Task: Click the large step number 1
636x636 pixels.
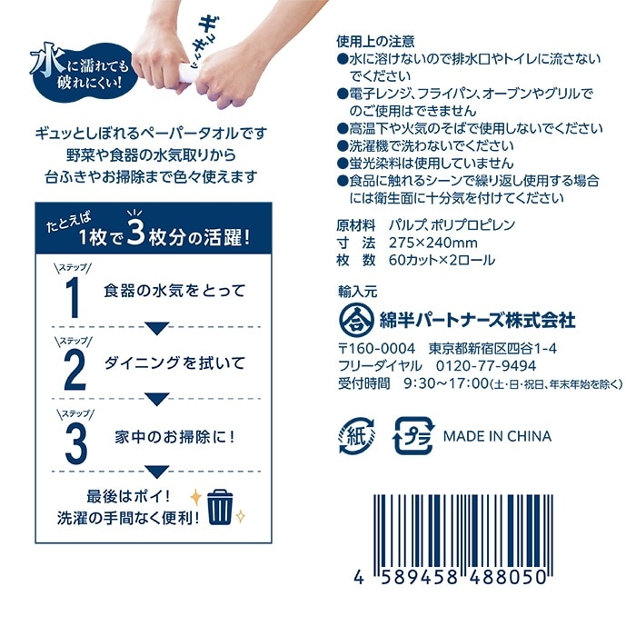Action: pos(74,298)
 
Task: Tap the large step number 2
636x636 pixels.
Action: pos(74,369)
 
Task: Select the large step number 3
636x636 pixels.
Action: pos(74,442)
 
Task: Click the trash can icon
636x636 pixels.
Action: pos(219,507)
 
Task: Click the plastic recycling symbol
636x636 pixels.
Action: pos(413,436)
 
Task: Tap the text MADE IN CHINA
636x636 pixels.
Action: pos(497,436)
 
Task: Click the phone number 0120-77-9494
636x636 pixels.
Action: pos(486,366)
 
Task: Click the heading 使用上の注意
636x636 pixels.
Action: pos(375,41)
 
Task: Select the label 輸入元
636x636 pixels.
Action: pos(356,291)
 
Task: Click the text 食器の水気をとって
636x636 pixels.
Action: pos(174,291)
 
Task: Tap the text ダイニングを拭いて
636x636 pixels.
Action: pos(174,363)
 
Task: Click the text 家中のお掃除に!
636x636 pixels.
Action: pos(174,435)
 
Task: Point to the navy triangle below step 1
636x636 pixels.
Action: pos(157,327)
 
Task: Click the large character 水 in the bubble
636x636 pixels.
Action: pos(44,64)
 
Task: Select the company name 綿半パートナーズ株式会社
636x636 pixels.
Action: pos(478,321)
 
